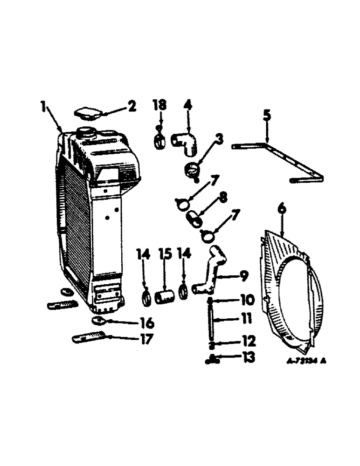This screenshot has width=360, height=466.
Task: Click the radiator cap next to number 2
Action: (87, 113)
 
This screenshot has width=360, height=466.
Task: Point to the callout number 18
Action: (159, 105)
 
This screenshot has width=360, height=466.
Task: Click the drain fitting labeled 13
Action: (212, 359)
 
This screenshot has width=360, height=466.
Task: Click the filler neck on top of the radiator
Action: (85, 132)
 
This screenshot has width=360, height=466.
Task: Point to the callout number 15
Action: (166, 254)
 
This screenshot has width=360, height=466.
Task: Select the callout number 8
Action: (223, 199)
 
